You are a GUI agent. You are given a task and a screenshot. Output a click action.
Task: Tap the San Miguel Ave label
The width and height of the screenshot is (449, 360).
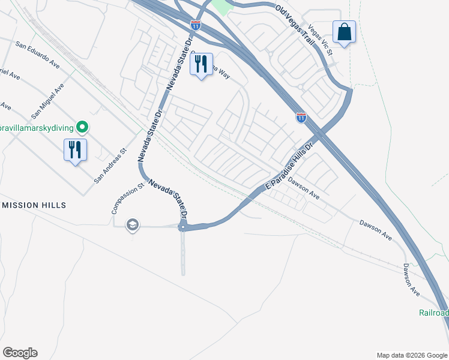47,101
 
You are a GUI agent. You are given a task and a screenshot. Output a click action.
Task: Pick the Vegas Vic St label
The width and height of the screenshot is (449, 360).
320,41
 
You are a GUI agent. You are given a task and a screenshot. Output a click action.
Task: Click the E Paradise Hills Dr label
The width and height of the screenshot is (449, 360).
290,167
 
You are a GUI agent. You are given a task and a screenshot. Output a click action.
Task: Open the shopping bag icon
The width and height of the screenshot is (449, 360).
345,32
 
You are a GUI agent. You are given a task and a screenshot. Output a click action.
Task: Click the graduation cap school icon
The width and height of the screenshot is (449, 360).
132,225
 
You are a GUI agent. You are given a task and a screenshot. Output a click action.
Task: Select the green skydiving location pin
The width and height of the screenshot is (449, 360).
83,127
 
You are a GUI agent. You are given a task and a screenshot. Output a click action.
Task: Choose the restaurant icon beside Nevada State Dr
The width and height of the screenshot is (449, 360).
201,64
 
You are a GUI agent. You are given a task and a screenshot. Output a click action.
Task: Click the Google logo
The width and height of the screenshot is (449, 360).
20,353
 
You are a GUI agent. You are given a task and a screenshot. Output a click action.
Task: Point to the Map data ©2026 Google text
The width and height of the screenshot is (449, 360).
411,355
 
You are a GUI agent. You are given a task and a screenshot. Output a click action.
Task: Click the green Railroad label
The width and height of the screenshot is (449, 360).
433,313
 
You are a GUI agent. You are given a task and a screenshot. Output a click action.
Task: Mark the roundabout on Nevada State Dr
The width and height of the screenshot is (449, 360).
183,227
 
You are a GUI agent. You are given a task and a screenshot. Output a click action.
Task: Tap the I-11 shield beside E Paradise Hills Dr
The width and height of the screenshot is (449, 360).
301,118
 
